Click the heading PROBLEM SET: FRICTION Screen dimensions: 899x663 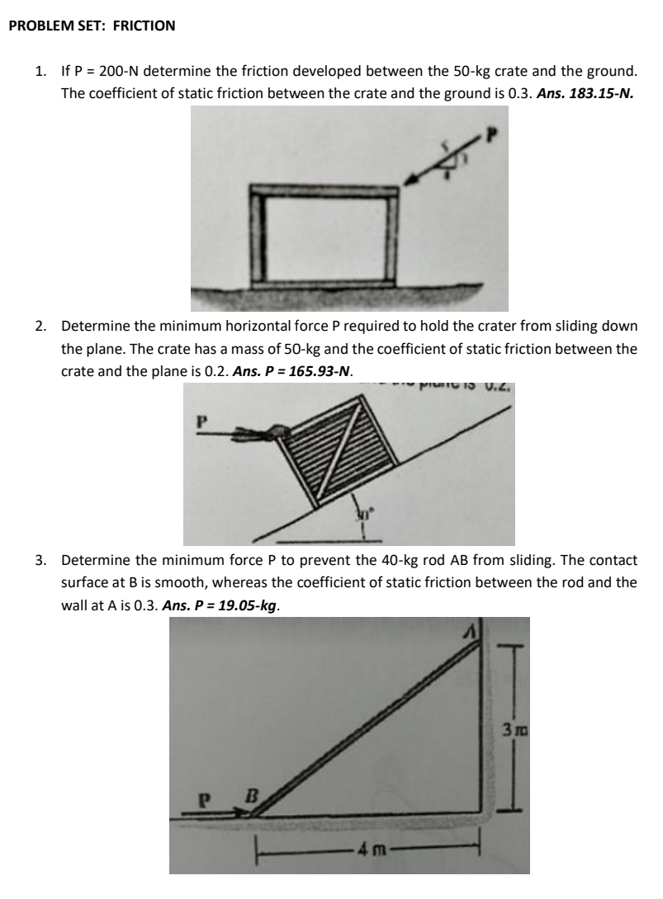(x=92, y=26)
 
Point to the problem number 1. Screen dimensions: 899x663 (x=40, y=73)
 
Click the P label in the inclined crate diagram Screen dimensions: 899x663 (x=198, y=421)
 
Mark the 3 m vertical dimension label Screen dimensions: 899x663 (x=508, y=732)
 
